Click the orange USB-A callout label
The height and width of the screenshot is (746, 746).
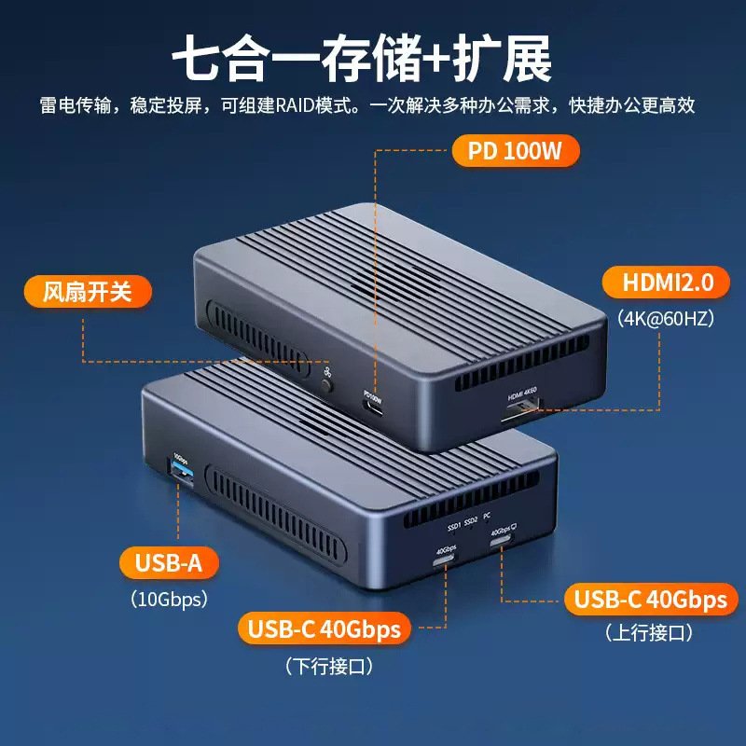(x=170, y=563)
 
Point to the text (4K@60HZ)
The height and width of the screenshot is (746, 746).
(x=665, y=318)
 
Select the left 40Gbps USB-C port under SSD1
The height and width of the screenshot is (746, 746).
(x=444, y=562)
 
